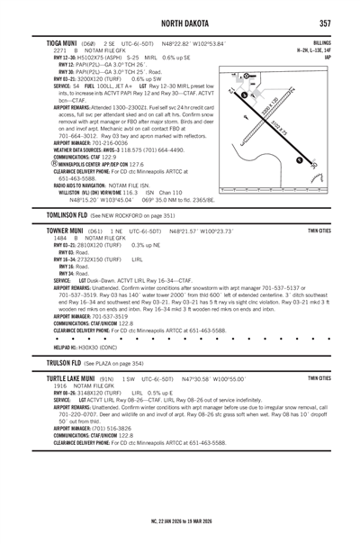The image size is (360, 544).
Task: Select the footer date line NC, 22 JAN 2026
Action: (179, 521)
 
